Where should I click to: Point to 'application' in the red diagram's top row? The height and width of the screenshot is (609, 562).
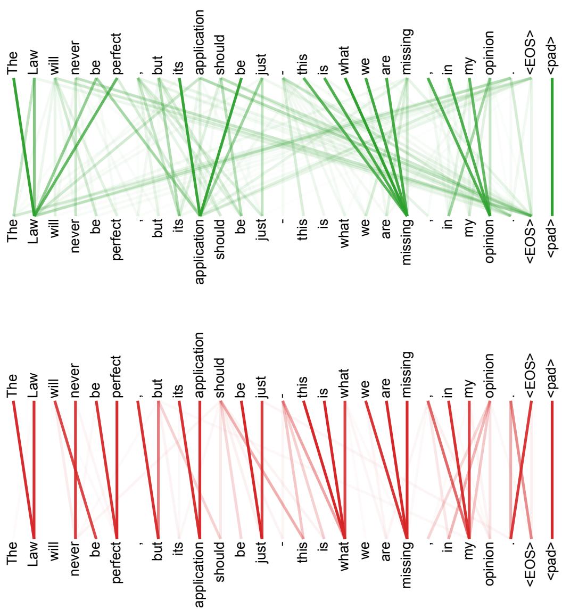200,365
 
